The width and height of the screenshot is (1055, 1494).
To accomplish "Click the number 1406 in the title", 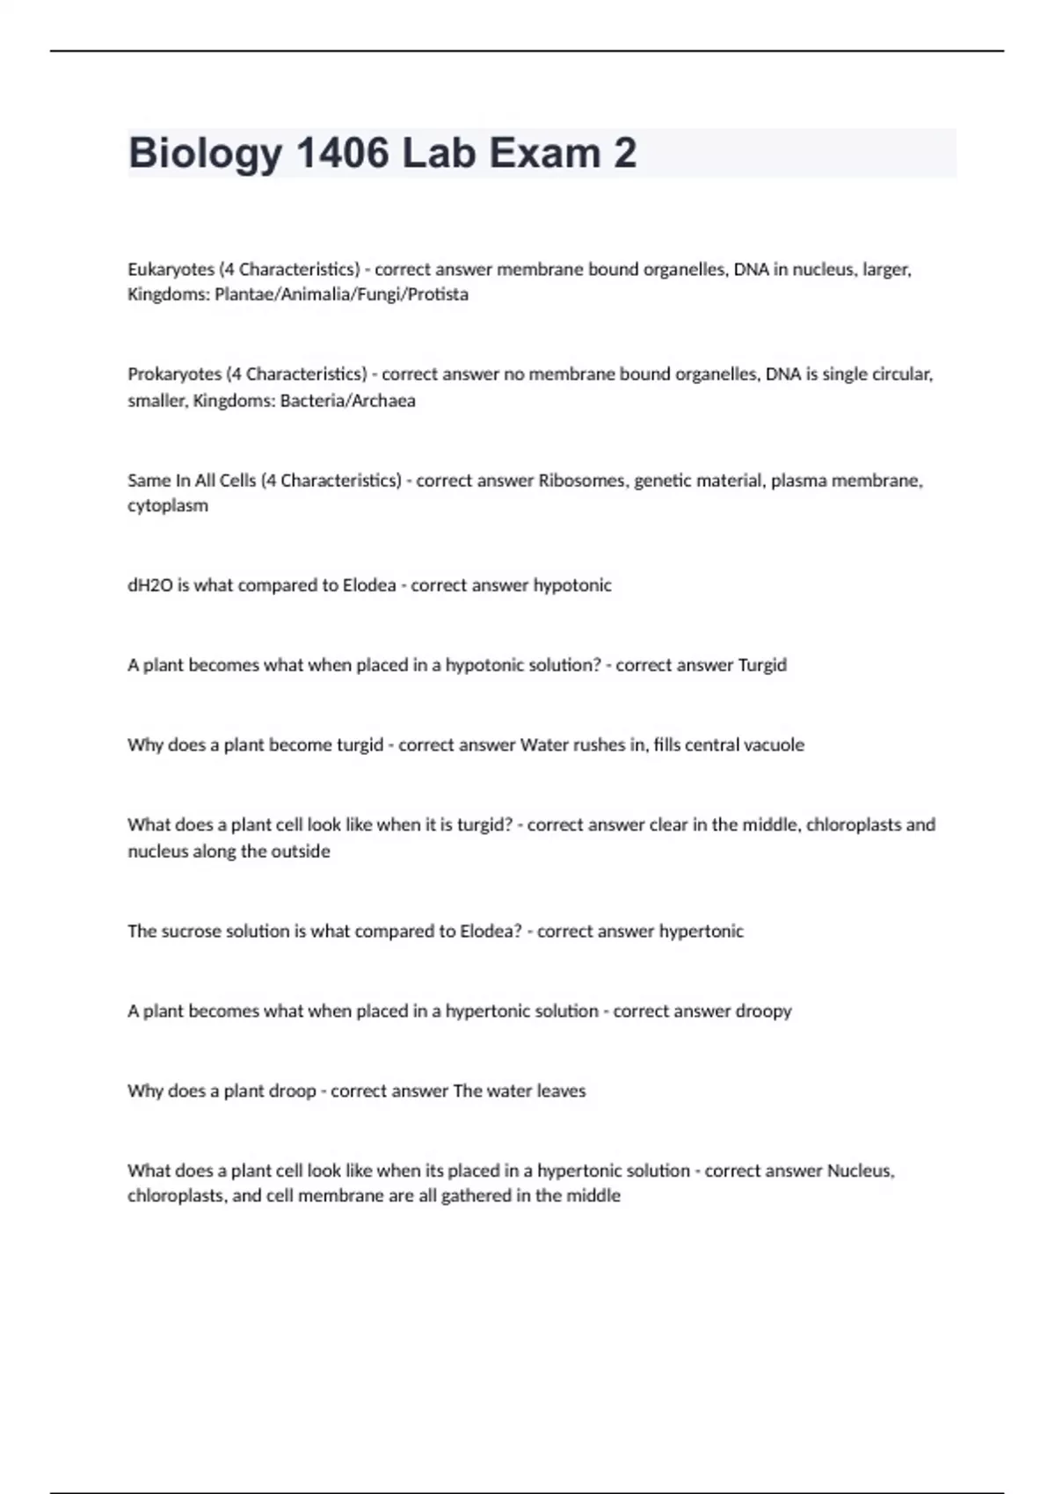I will (x=343, y=153).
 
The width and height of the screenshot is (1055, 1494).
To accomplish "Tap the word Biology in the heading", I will (x=206, y=155).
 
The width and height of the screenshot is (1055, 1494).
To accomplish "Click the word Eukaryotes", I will (x=171, y=270).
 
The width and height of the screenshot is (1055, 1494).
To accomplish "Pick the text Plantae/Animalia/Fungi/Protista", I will (x=341, y=294).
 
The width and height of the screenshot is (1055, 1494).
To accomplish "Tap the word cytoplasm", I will (x=168, y=506).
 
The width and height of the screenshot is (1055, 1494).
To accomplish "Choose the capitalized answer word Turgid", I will (x=762, y=665).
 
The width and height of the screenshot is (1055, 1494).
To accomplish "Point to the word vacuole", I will (x=774, y=745).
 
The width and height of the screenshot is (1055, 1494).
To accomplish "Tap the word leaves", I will (x=561, y=1091).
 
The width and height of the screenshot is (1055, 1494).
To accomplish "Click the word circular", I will (x=902, y=374).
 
